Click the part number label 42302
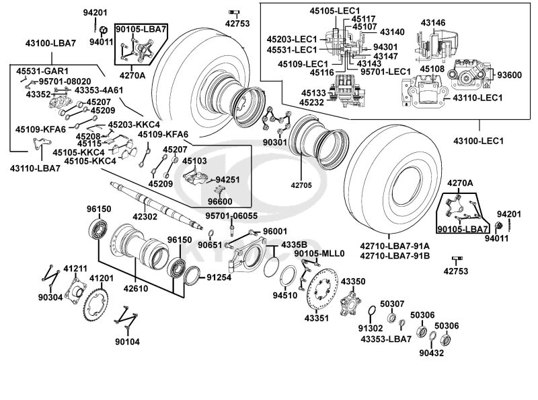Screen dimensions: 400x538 pos(145,217)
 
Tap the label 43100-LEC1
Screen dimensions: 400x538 pos(479,141)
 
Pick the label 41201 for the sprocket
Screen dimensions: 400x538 pos(102,278)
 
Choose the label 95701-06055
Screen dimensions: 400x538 pos(231,215)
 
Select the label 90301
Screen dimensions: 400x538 pos(274,143)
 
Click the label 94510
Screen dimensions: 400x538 pos(284,294)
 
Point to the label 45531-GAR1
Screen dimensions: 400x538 pos(43,70)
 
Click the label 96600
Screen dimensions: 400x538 pos(221,201)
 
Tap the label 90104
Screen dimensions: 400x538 pos(127,341)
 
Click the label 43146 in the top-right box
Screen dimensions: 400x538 pos(433,23)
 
